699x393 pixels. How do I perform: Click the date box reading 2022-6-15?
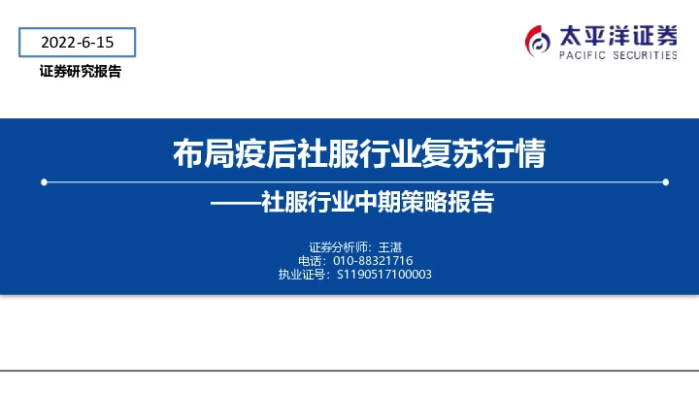pos(78,42)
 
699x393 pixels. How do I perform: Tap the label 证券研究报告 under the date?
pos(81,72)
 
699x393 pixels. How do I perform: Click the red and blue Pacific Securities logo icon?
pos(538,41)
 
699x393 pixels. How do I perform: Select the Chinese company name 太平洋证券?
pos(617,36)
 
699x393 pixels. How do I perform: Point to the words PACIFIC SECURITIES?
pos(617,56)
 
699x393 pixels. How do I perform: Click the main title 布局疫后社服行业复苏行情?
pos(357,153)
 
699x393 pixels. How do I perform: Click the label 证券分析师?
pos(337,246)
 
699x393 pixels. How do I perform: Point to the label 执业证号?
pos(303,275)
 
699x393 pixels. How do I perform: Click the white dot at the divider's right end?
pos(665,181)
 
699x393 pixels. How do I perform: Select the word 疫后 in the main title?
pos(265,153)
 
